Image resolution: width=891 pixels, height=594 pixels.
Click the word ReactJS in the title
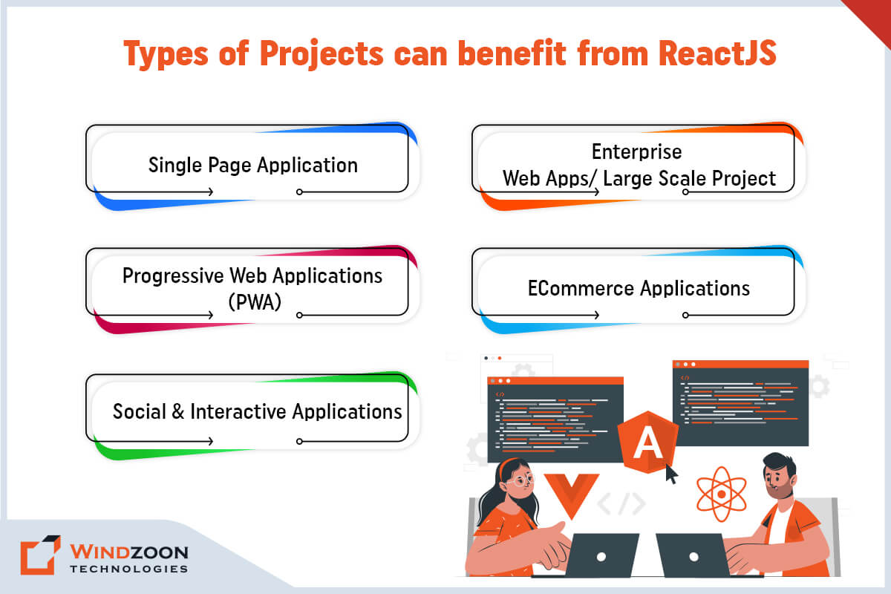(717, 53)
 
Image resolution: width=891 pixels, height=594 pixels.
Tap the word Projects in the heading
(322, 53)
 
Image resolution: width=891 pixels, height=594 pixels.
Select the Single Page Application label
(253, 165)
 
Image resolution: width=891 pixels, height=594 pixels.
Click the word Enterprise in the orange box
(636, 151)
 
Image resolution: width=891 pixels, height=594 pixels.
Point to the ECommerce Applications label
(639, 288)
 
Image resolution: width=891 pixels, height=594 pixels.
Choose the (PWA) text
(255, 302)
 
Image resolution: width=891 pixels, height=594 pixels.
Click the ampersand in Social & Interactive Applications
(177, 411)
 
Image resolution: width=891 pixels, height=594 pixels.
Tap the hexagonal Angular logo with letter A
(647, 442)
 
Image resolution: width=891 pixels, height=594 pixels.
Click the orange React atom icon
(722, 495)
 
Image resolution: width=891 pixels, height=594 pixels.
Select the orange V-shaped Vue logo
(572, 493)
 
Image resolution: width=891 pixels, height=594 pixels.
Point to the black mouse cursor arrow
(672, 474)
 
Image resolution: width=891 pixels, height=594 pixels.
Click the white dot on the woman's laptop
(601, 557)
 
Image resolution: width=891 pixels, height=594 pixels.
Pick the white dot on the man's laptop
(693, 557)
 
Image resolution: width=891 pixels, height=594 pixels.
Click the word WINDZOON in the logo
(129, 552)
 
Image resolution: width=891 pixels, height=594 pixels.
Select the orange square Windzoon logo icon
(40, 555)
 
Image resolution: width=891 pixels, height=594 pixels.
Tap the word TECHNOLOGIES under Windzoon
(129, 569)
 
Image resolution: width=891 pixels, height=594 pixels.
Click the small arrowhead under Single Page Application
(211, 192)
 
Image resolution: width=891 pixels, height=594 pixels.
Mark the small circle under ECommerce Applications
(685, 315)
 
